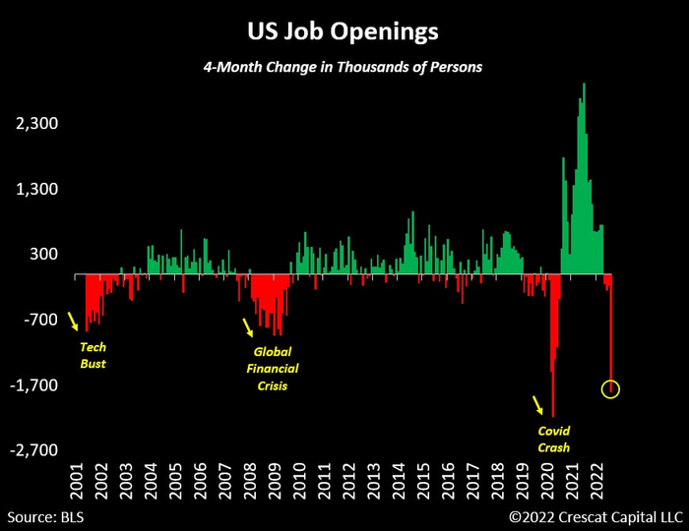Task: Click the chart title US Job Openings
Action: (x=344, y=31)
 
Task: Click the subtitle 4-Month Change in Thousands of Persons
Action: (x=343, y=68)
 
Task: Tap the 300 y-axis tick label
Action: (x=45, y=255)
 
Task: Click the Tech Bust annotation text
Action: (x=92, y=355)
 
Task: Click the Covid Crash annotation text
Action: (x=554, y=439)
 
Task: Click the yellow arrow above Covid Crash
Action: (x=536, y=404)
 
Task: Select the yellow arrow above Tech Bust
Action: (x=72, y=321)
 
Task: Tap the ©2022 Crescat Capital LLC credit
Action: (x=594, y=515)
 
